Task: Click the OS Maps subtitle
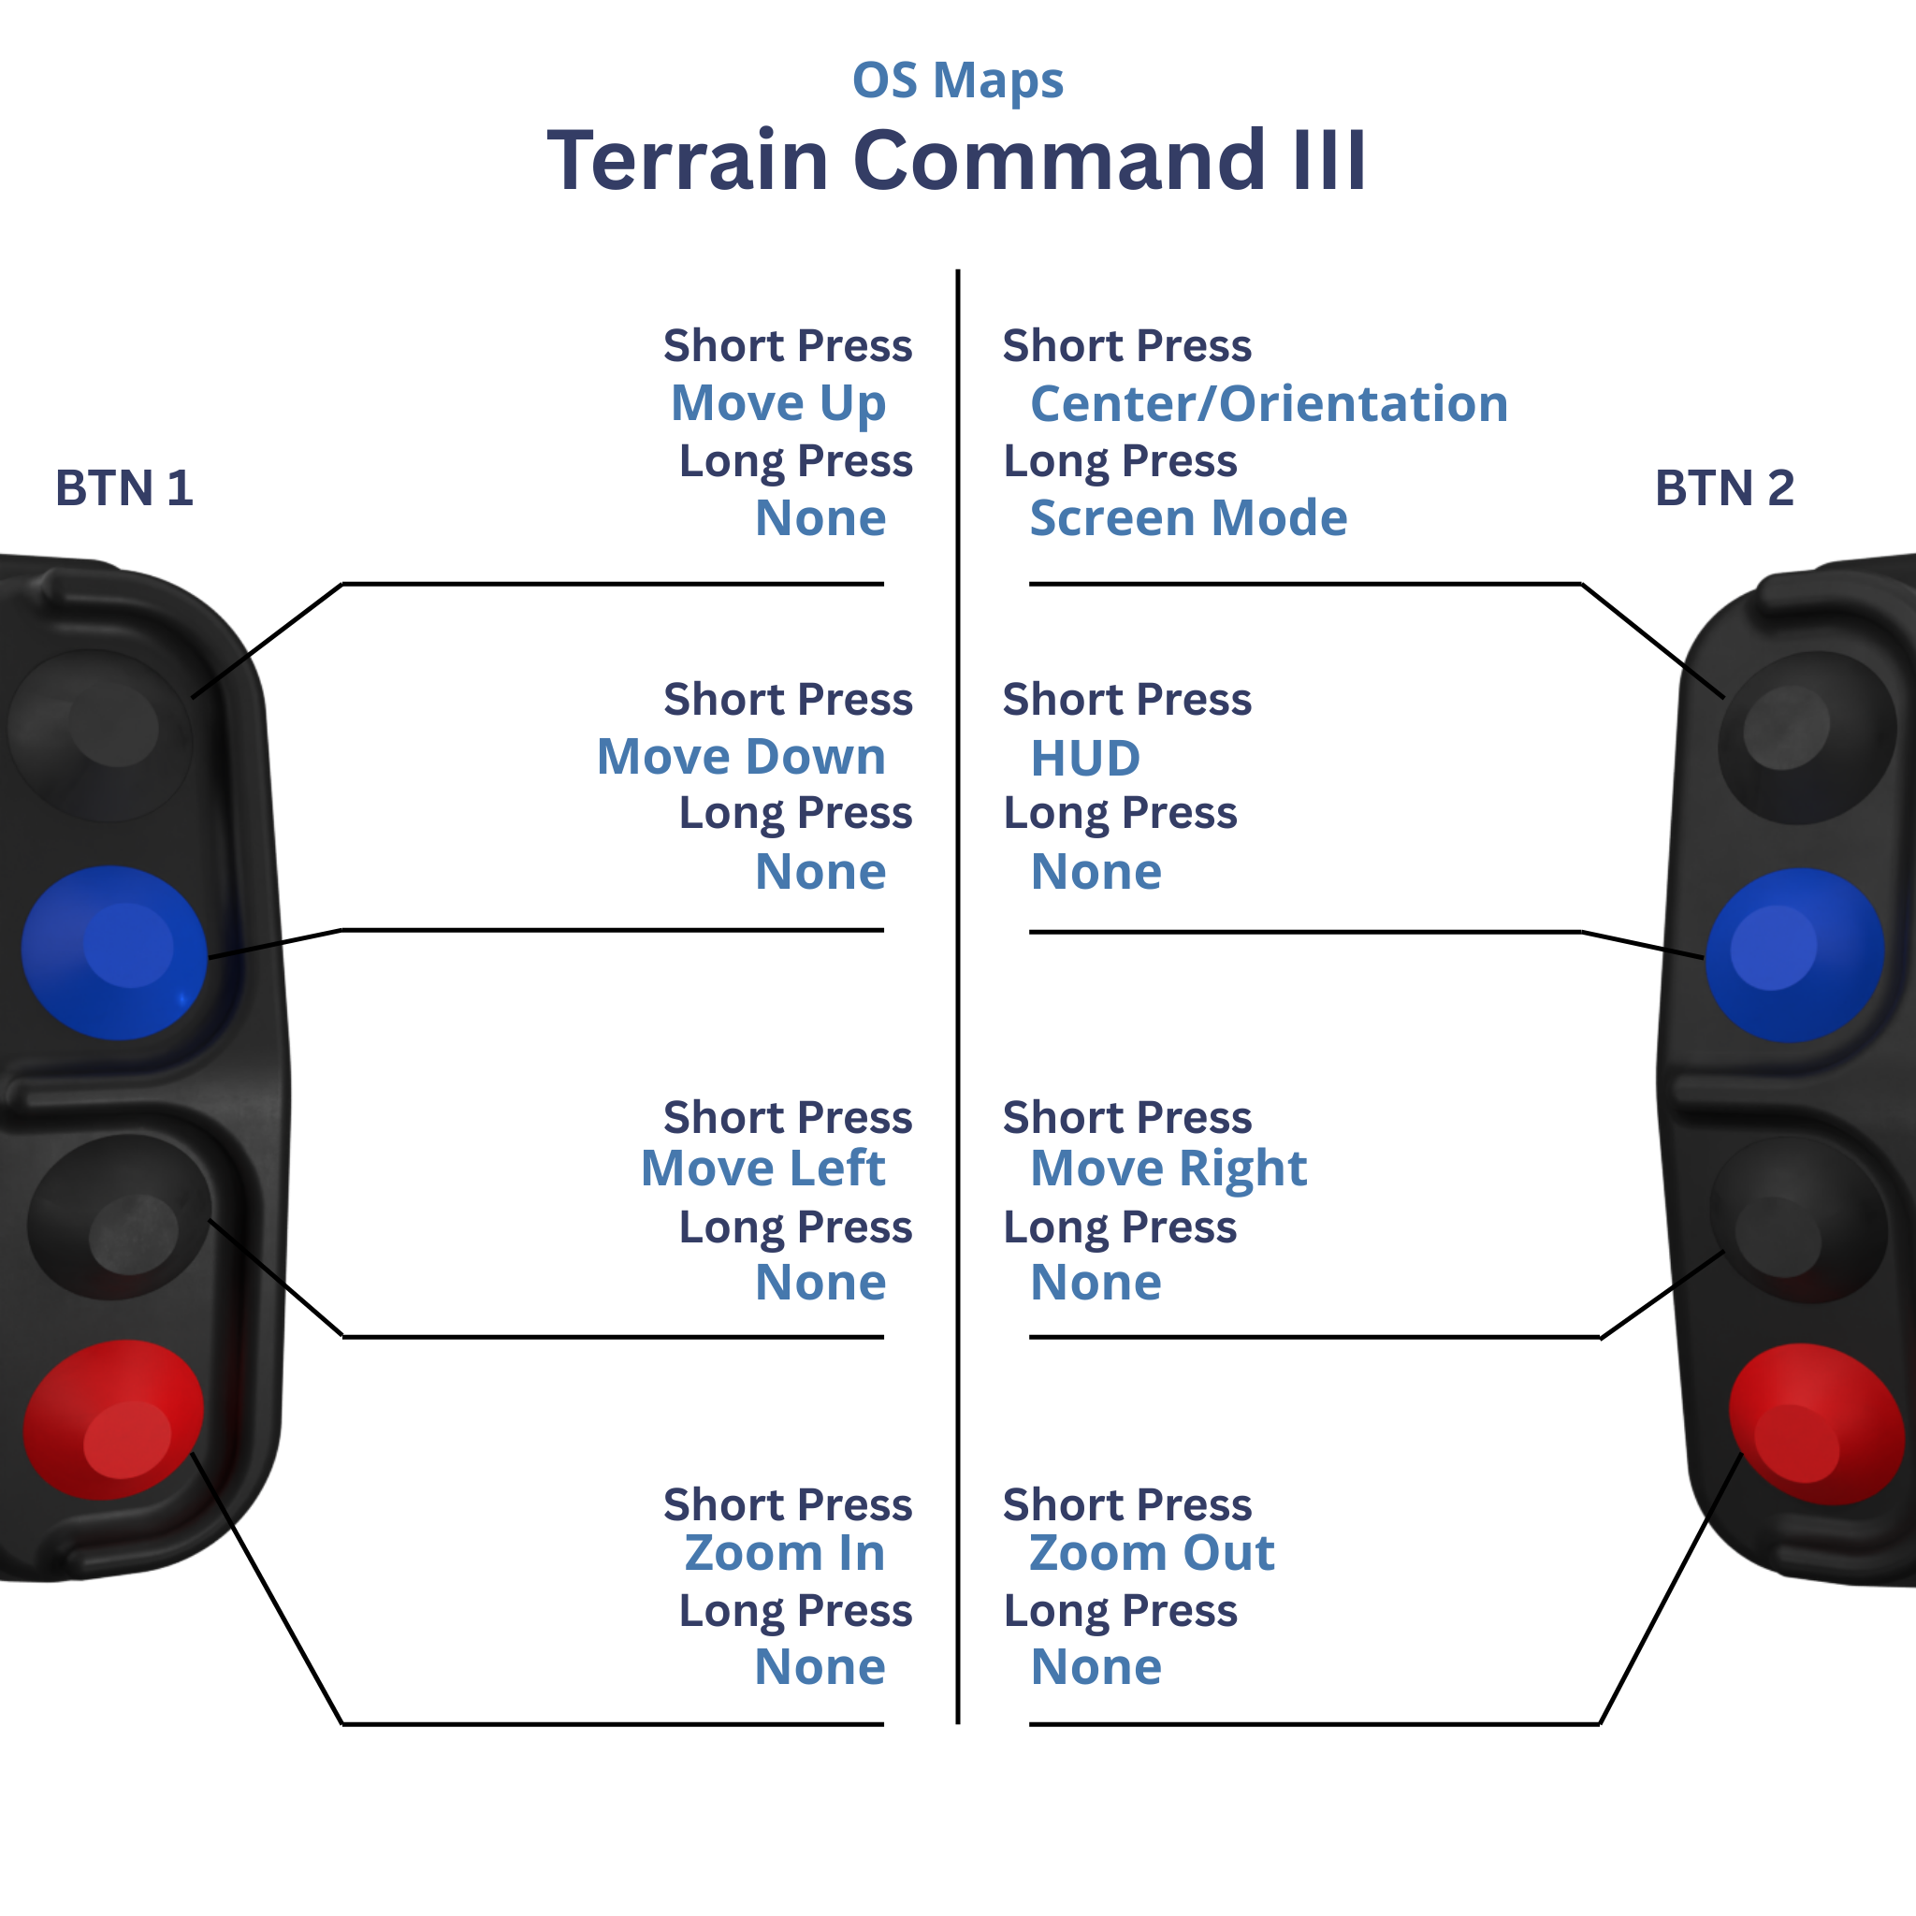click(957, 81)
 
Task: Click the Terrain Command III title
click(957, 161)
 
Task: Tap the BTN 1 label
click(124, 488)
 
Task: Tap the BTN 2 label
click(1723, 488)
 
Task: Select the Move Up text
click(777, 403)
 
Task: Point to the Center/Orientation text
click(1269, 403)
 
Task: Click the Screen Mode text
click(1188, 517)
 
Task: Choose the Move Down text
click(741, 757)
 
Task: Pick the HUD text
click(1085, 759)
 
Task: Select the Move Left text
click(762, 1168)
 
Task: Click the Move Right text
click(1168, 1168)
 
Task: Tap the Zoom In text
click(784, 1553)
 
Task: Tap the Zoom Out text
click(1152, 1553)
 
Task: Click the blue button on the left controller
click(114, 952)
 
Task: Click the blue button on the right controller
click(1794, 954)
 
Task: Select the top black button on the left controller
click(99, 733)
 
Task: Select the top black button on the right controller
click(1807, 736)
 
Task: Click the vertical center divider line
click(958, 992)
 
